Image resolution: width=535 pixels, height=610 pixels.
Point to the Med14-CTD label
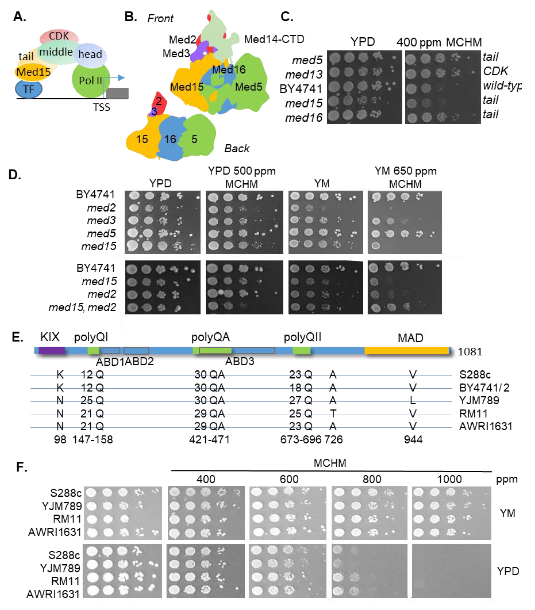(274, 39)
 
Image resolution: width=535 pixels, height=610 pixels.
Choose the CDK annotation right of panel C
(495, 71)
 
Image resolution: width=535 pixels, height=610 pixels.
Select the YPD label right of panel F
(508, 571)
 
